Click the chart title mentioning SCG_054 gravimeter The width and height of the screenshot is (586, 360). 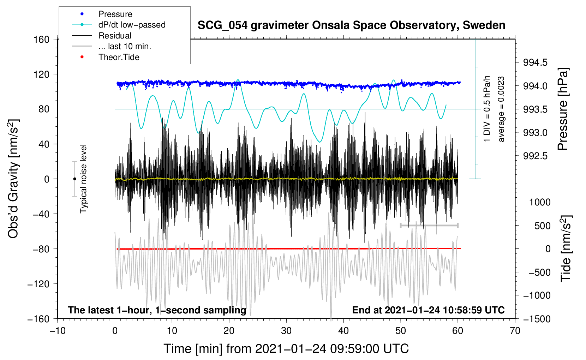pyautogui.click(x=351, y=25)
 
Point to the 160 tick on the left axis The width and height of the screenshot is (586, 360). pyautogui.click(x=42, y=40)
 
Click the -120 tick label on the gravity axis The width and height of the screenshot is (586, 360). pyautogui.click(x=38, y=284)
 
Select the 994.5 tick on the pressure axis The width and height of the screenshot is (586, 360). pyautogui.click(x=535, y=62)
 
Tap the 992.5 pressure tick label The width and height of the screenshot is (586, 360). pyautogui.click(x=535, y=156)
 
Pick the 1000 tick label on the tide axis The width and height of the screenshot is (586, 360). pyautogui.click(x=540, y=202)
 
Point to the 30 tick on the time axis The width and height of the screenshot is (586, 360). pyautogui.click(x=286, y=331)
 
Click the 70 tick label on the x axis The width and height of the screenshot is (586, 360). pyautogui.click(x=515, y=331)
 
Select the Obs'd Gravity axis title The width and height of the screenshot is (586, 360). pyautogui.click(x=13, y=179)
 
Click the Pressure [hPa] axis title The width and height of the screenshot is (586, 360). pyautogui.click(x=563, y=109)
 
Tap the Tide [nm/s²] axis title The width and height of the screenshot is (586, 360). pyautogui.click(x=566, y=248)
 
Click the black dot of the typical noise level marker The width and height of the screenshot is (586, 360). pyautogui.click(x=74, y=179)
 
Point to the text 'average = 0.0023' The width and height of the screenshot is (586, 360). pyautogui.click(x=501, y=109)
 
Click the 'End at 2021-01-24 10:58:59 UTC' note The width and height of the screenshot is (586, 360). pyautogui.click(x=428, y=310)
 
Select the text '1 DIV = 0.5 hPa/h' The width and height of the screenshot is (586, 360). pyautogui.click(x=486, y=109)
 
